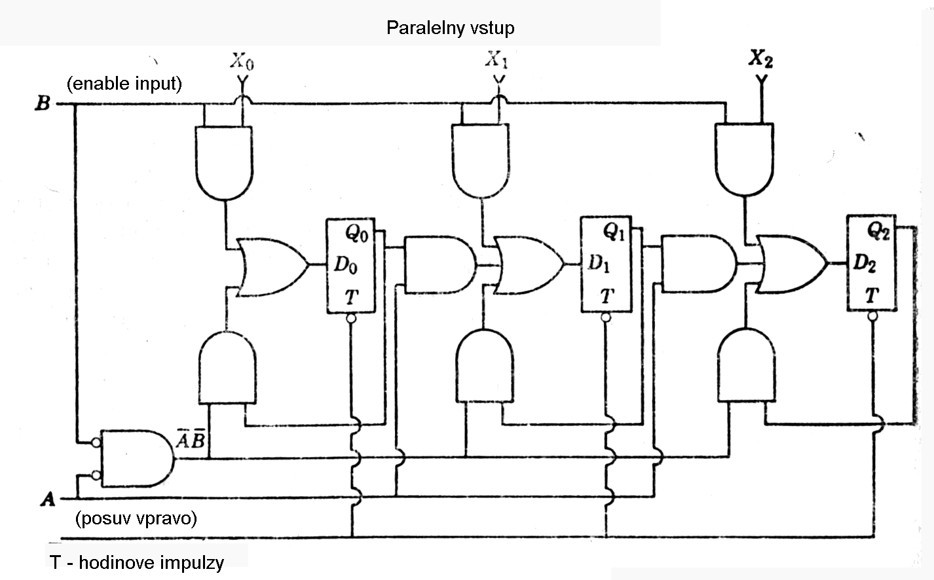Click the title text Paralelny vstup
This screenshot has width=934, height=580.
click(450, 27)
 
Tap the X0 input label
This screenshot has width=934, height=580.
click(242, 62)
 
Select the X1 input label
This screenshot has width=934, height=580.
click(496, 61)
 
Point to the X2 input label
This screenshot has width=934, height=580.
click(760, 59)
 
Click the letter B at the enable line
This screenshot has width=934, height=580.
click(42, 103)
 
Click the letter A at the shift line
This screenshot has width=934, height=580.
click(47, 500)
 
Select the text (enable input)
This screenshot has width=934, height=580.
click(124, 84)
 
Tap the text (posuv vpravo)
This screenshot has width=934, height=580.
click(136, 518)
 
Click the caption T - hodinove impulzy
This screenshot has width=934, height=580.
click(136, 562)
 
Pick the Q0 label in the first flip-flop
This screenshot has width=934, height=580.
click(356, 232)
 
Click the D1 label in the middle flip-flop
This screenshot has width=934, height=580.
click(599, 263)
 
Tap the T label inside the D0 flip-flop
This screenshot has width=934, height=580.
click(351, 297)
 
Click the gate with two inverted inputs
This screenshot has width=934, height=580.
click(136, 458)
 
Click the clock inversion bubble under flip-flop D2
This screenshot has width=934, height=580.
click(872, 316)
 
